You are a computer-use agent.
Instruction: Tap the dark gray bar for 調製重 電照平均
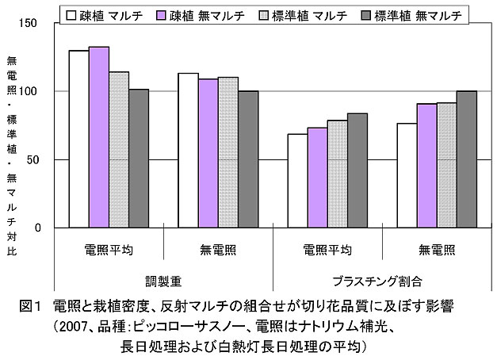(x=139, y=159)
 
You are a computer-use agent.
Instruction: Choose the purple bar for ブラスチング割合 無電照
(x=426, y=166)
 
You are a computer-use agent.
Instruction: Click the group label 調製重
(x=163, y=281)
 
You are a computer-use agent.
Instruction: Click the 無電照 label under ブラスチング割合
(x=436, y=251)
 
